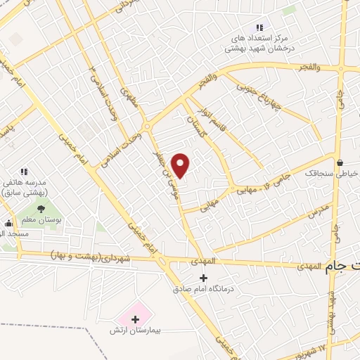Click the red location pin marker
[181, 165]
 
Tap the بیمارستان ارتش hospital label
[136, 330]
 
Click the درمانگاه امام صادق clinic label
[203, 288]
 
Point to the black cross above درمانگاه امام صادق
[203, 277]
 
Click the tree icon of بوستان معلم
[41, 208]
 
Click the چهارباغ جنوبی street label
[258, 95]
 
